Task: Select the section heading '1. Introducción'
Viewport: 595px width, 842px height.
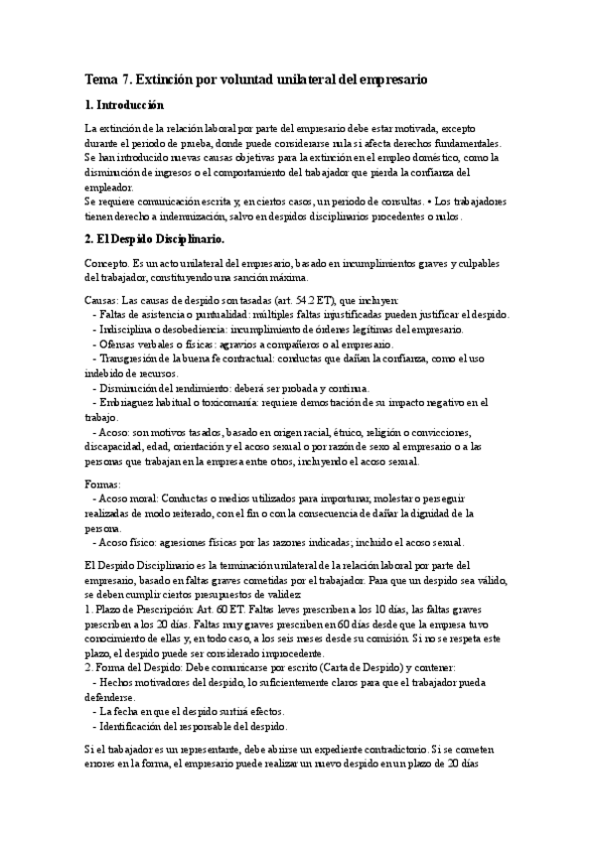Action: [124, 105]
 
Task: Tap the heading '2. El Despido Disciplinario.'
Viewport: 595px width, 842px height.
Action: [155, 239]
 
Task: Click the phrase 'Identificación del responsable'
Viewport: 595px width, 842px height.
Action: [174, 726]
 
